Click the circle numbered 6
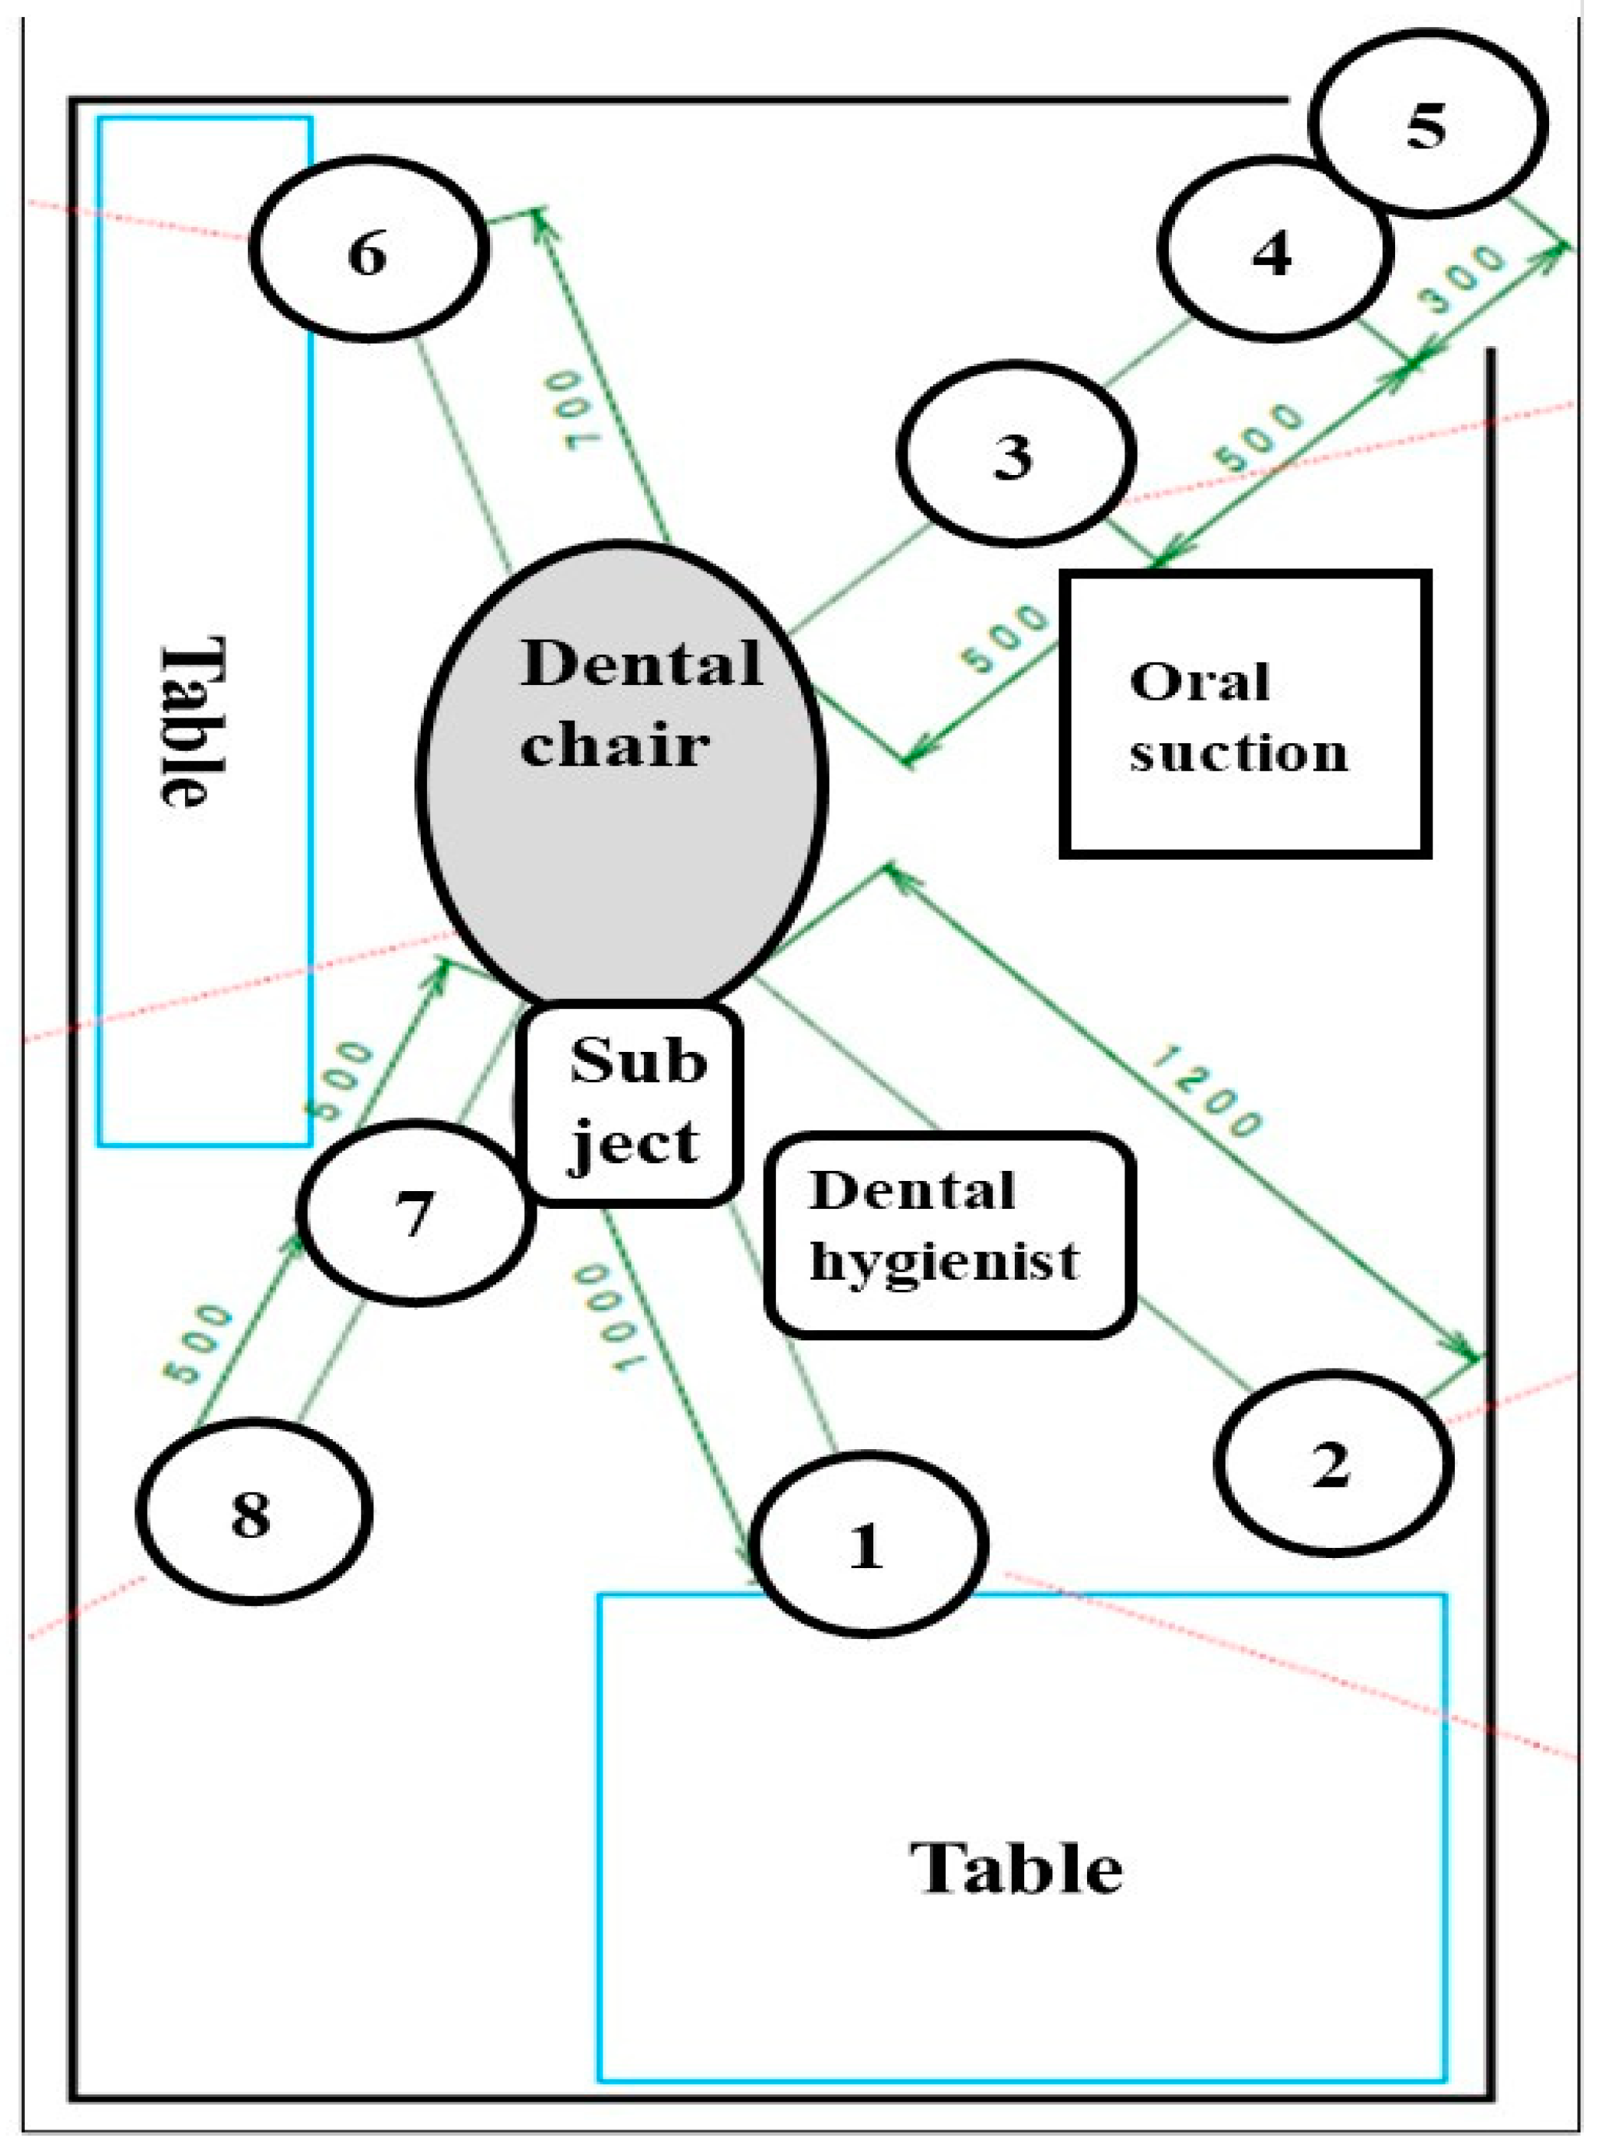(368, 250)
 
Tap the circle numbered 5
(1428, 123)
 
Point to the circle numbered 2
(1333, 1462)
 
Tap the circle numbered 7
(416, 1213)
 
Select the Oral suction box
(1246, 714)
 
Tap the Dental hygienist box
(950, 1234)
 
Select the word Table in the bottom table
(1016, 1867)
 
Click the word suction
(1238, 753)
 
